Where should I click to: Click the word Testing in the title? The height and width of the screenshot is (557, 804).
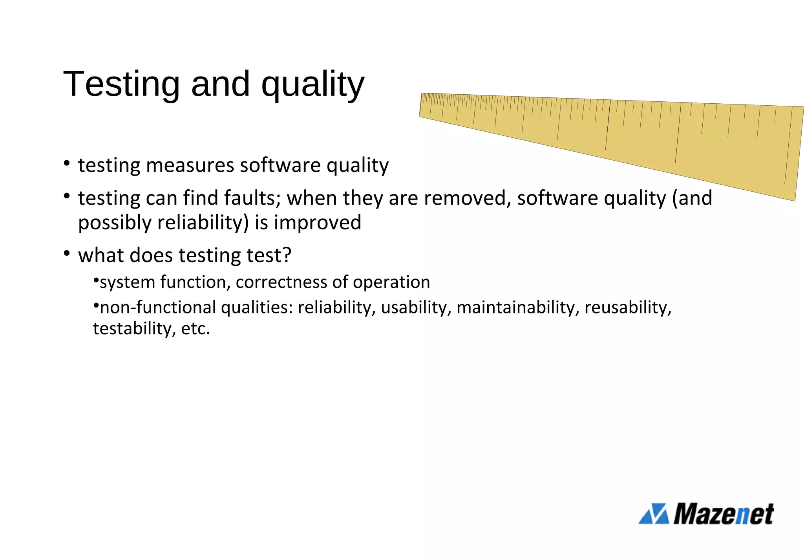[121, 84]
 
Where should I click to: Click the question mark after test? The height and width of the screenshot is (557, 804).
[287, 255]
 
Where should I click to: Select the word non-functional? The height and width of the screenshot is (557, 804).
[158, 308]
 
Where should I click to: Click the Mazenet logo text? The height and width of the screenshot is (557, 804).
[723, 514]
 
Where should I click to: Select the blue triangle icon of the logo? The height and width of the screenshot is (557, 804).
[654, 514]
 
